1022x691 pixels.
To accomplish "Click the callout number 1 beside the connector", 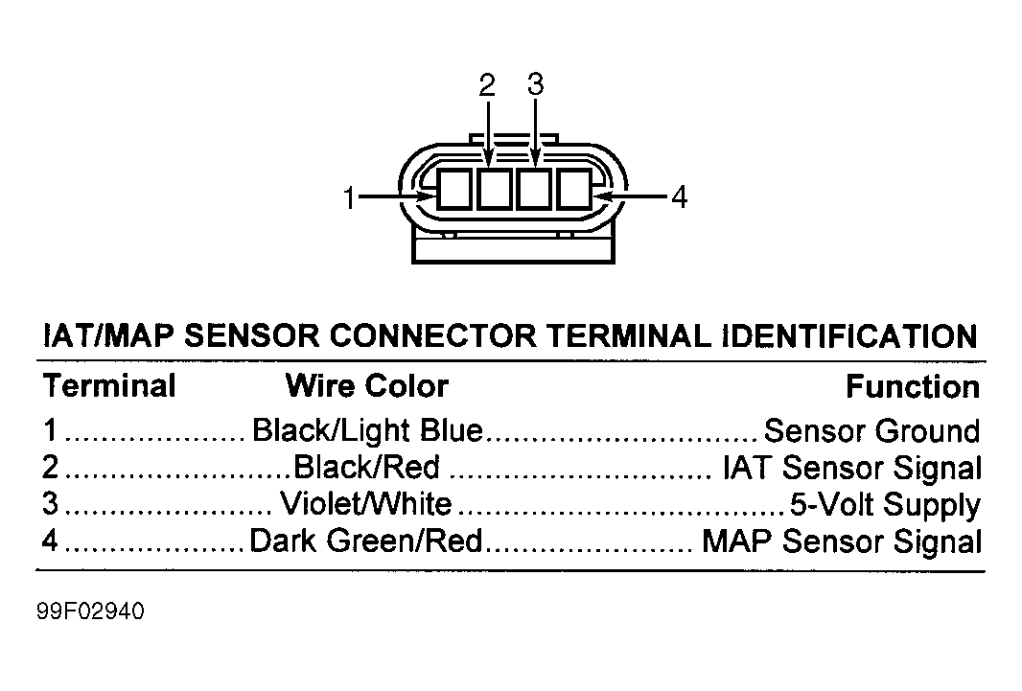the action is pos(349,197).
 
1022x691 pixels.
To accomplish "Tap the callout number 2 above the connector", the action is pos(487,85).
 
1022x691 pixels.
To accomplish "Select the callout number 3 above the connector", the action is pos(535,84).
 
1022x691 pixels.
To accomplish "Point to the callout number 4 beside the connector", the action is pos(679,196).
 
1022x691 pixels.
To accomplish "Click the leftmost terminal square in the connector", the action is pos(453,189).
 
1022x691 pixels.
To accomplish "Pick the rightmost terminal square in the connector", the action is pos(575,189).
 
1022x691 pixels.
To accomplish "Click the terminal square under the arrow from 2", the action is pos(494,189).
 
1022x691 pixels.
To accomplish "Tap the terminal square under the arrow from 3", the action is pos(534,189).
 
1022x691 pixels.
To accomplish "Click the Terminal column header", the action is pos(109,385).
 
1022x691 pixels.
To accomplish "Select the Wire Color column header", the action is pos(367,385).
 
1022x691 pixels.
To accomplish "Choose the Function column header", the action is pos(913,387).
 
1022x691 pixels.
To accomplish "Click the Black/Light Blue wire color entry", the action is pos(367,430).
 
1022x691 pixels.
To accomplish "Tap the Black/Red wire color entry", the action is pos(367,467).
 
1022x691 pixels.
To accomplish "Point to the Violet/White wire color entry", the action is pos(365,503).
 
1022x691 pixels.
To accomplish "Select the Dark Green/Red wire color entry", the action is pos(365,541).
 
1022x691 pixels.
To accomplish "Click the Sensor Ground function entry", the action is pos(871,431).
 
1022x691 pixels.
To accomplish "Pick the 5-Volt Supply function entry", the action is pos(885,505).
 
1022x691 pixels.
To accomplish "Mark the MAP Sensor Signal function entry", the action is pos(842,541).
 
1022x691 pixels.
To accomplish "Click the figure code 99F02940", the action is pos(90,611).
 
